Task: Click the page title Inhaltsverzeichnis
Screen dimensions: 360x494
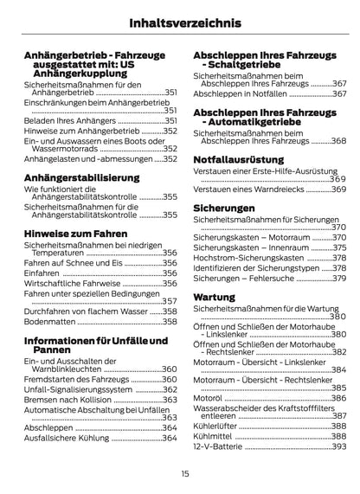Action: click(x=180, y=19)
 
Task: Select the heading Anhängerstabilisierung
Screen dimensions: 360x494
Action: click(x=80, y=176)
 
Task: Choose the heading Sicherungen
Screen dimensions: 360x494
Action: click(x=223, y=209)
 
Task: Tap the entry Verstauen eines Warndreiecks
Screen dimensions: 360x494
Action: click(x=243, y=189)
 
